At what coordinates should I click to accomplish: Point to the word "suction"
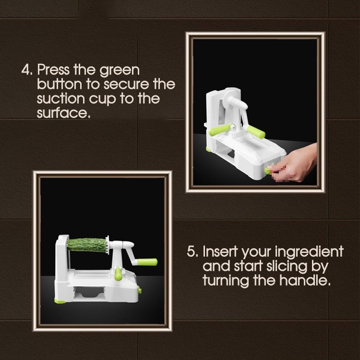point(61,98)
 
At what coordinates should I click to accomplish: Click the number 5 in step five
point(192,252)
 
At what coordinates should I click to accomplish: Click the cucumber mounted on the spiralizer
point(86,245)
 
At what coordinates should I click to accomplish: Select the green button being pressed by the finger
point(267,171)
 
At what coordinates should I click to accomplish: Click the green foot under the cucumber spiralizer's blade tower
point(60,300)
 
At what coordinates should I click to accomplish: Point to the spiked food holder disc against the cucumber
point(107,244)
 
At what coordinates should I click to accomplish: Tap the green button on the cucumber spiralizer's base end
point(140,290)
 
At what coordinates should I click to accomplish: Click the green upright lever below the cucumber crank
point(118,274)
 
